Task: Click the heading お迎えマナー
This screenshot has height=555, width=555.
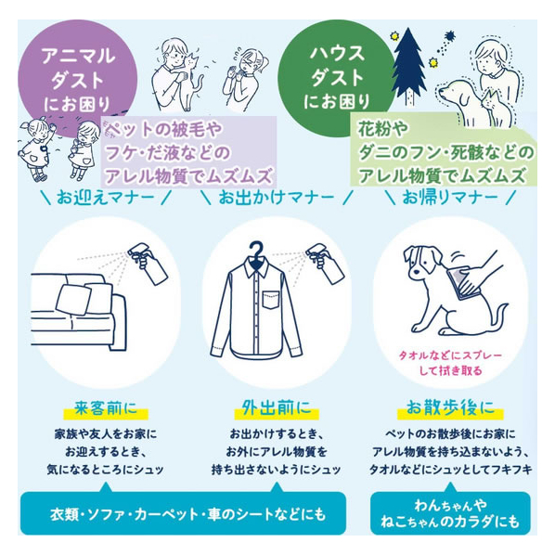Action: pyautogui.click(x=106, y=197)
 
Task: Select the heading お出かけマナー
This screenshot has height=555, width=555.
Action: pyautogui.click(x=277, y=197)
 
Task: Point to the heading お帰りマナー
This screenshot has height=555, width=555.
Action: pyautogui.click(x=450, y=197)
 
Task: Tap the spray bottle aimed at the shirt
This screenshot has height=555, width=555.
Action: pyautogui.click(x=325, y=263)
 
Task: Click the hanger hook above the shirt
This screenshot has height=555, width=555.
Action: pyautogui.click(x=256, y=249)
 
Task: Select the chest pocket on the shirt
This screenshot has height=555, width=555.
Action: pyautogui.click(x=271, y=300)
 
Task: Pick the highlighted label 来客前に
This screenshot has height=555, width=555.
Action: pyautogui.click(x=106, y=407)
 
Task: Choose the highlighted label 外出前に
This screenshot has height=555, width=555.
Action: pyautogui.click(x=277, y=407)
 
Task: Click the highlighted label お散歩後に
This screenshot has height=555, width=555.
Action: pyautogui.click(x=450, y=407)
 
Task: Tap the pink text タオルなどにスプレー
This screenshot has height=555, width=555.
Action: pyautogui.click(x=450, y=355)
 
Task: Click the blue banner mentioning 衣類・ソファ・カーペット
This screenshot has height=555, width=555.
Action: pyautogui.click(x=183, y=513)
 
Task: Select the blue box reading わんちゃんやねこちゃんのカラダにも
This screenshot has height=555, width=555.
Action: pyautogui.click(x=450, y=513)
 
